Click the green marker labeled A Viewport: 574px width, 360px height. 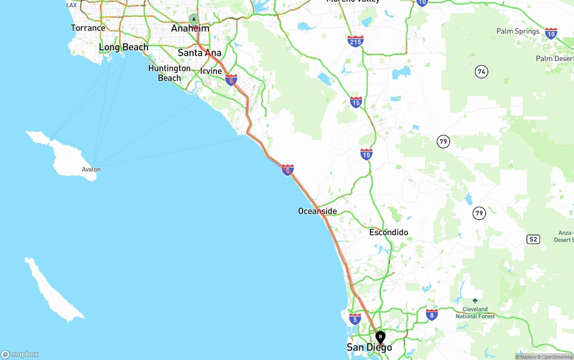coord(194,19)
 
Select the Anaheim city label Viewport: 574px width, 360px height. coord(190,28)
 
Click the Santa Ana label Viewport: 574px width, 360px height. coord(200,53)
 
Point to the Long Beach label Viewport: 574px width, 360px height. coord(123,47)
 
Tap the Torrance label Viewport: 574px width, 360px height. coord(88,28)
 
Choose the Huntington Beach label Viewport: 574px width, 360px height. coord(170,73)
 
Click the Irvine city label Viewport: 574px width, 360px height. coord(211,71)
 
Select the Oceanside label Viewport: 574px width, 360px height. coord(317,211)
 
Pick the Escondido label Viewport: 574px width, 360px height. coord(388,232)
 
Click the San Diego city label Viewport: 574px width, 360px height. coord(369,347)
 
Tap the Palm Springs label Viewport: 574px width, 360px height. coord(518,31)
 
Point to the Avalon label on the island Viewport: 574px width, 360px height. coord(91,169)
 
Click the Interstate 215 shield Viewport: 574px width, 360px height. coord(355,41)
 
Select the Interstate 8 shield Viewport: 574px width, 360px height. coord(432,315)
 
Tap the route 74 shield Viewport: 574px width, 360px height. coord(482,72)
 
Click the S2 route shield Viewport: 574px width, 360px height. coord(533,239)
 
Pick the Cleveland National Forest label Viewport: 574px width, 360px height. coord(475,312)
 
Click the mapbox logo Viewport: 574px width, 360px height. coord(20,354)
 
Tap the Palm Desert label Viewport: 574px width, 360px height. coord(555,59)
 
